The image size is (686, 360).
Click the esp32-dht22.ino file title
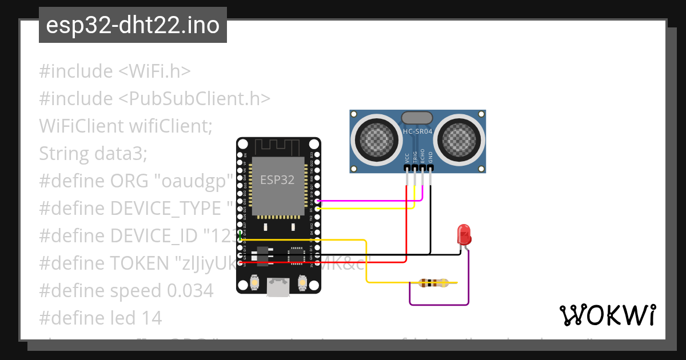133,26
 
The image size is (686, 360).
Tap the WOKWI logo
607,315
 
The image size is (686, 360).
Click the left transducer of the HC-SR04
376,139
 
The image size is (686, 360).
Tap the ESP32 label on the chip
277,180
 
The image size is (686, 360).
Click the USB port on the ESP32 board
278,286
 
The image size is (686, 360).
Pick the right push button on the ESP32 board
303,282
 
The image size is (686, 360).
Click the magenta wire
372,201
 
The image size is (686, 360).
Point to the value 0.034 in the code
190,291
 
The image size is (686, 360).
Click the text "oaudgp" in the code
195,181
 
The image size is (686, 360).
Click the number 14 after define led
153,318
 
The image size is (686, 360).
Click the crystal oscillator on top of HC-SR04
418,118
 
